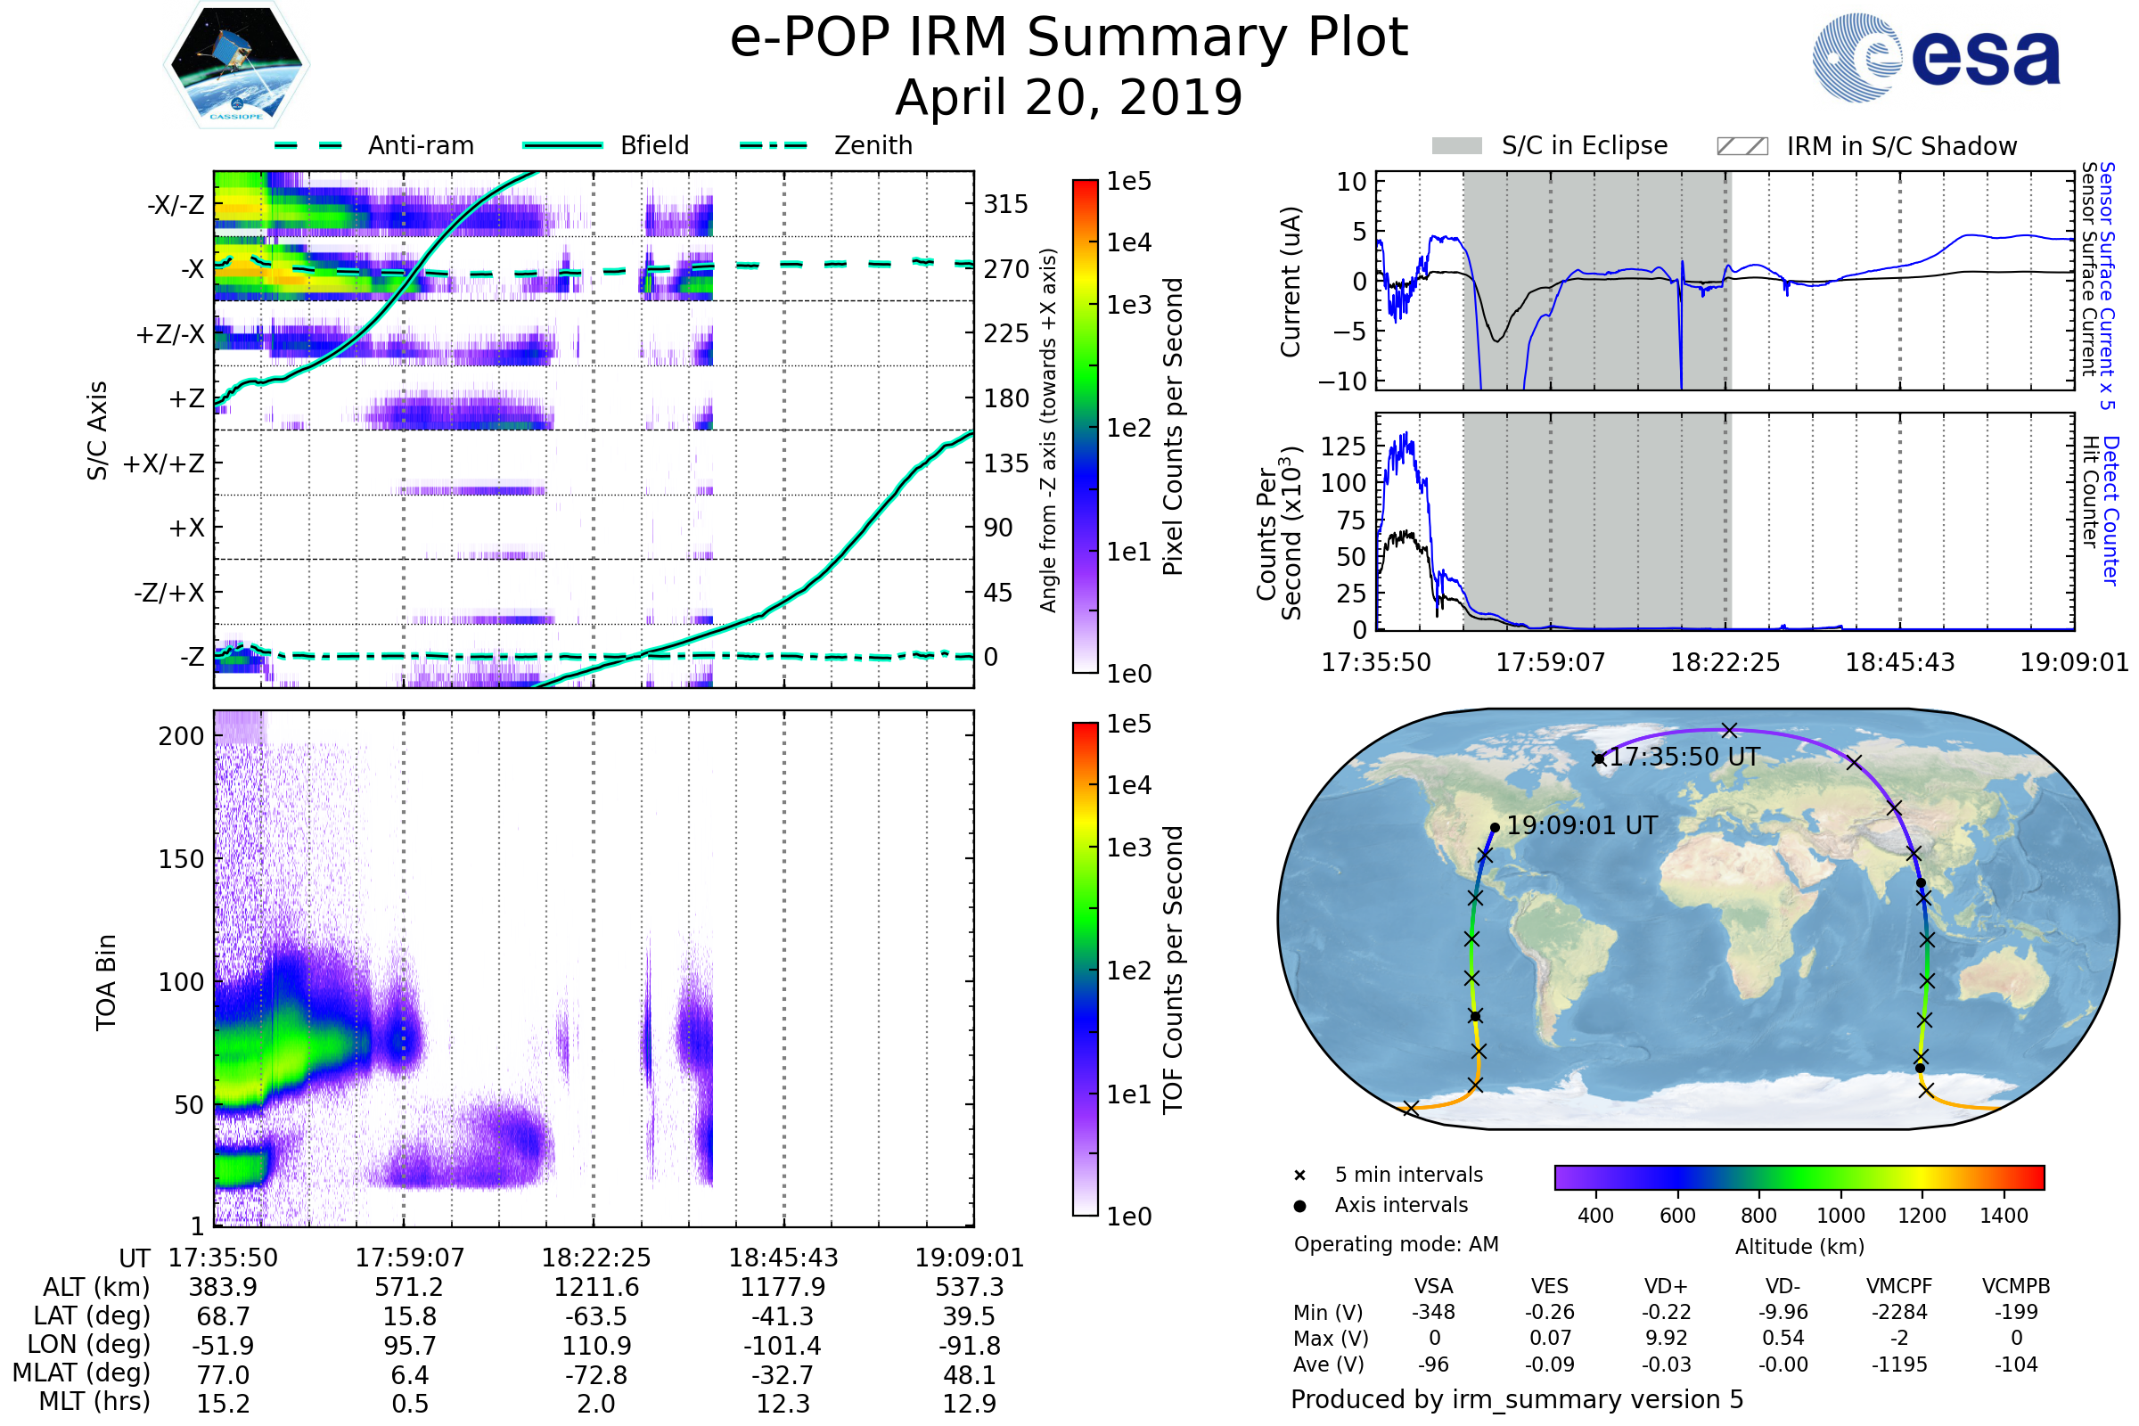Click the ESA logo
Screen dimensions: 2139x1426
coord(1936,57)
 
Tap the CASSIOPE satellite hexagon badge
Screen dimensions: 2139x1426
coord(236,64)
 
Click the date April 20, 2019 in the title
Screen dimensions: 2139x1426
coord(1069,97)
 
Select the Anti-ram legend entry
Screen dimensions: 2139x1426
coord(373,145)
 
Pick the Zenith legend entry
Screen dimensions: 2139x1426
coord(826,145)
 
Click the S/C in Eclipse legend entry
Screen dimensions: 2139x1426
coord(1550,145)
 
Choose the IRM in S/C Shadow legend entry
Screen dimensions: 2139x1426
coord(1867,146)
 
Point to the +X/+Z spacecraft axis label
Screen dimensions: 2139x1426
coord(164,463)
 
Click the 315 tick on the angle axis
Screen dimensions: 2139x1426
coord(1006,204)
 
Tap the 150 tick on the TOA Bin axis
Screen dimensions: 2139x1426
coord(181,859)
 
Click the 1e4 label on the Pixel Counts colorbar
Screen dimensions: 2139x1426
coord(1128,242)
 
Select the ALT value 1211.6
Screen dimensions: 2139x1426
coord(596,1288)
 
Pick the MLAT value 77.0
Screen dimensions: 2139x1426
coord(223,1375)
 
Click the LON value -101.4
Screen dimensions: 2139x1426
coord(783,1346)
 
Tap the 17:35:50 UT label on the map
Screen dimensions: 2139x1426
coord(1685,758)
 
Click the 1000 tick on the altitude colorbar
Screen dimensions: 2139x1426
coord(1840,1216)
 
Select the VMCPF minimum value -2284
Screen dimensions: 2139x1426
coord(1899,1312)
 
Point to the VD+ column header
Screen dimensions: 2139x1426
coord(1666,1286)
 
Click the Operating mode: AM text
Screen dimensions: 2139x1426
coord(1396,1244)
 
